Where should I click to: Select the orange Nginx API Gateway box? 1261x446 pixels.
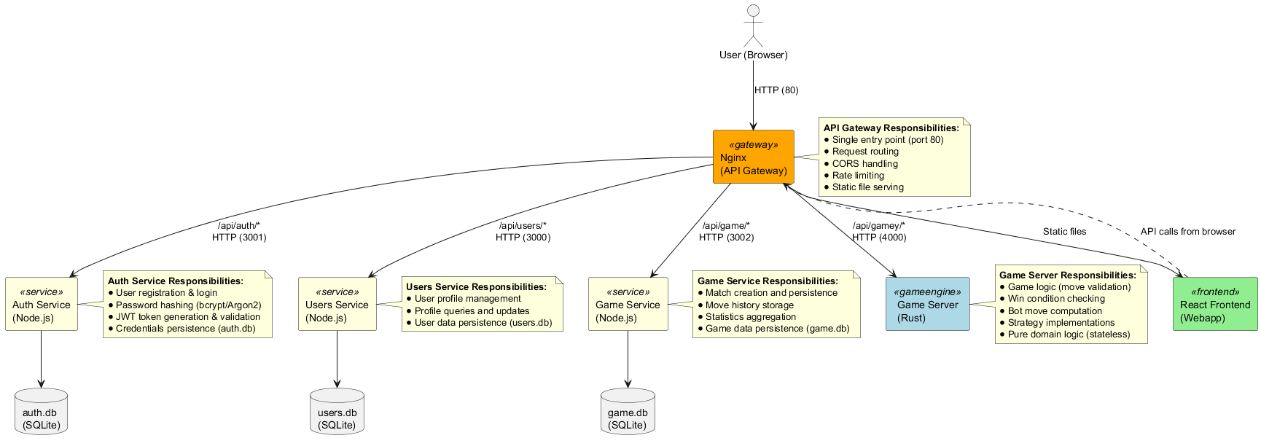753,157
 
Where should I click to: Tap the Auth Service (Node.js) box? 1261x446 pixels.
42,304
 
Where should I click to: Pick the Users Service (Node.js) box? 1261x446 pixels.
337,304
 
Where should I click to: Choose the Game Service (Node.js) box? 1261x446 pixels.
628,304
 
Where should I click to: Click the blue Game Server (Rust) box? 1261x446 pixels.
927,304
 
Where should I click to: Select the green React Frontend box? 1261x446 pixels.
1214,304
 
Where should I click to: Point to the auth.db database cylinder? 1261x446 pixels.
41,412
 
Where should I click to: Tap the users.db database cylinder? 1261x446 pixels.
337,412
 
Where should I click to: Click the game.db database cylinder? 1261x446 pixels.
627,412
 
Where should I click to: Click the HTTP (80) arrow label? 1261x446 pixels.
776,90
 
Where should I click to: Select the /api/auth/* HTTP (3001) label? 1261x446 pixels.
239,232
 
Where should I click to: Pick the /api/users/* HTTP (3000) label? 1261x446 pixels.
523,232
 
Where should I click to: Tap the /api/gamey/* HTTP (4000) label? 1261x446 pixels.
879,232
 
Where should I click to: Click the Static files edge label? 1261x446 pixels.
1064,232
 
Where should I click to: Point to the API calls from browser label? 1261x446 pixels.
1187,232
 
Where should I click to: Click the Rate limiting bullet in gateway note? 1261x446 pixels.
858,176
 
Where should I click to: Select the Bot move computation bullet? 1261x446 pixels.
1054,311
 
